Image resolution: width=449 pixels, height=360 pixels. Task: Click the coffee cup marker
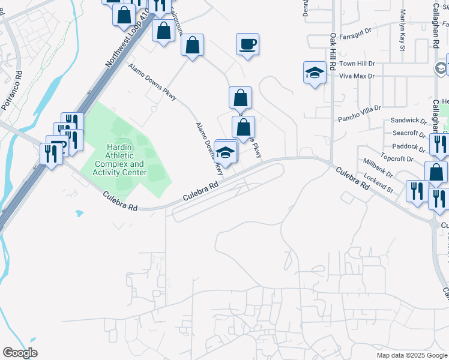(x=247, y=44)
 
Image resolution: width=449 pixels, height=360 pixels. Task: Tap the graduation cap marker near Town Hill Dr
(x=315, y=73)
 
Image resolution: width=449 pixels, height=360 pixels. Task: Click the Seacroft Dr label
(x=408, y=133)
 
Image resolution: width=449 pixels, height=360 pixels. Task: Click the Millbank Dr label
(x=378, y=168)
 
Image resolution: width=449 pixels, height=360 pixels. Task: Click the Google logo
(x=20, y=353)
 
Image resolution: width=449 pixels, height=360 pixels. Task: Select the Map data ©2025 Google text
(x=411, y=355)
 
